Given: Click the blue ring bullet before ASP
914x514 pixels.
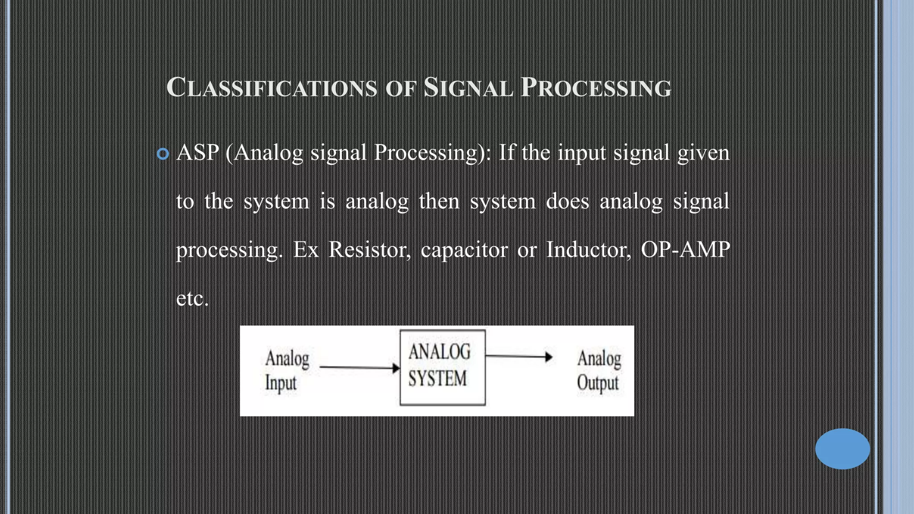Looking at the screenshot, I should [163, 154].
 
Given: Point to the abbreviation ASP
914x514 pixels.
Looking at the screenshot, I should [198, 153].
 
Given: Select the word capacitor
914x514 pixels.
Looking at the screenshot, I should [464, 249].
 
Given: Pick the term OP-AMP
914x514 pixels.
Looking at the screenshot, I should [685, 249].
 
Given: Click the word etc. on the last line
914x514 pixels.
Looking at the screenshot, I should [192, 298].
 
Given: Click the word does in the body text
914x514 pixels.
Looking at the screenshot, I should [568, 201].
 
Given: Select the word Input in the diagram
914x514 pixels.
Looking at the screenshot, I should [281, 383].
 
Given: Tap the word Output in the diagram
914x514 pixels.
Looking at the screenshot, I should [598, 383].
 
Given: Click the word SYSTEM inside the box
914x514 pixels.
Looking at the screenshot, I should [437, 379].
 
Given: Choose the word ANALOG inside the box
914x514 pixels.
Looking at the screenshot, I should [440, 352].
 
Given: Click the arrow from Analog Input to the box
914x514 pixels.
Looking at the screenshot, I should [360, 368].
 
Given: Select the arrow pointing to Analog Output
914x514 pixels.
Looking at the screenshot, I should [519, 356].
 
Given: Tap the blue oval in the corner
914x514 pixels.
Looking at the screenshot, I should [842, 449].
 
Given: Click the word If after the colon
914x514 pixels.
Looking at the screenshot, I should [507, 153].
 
